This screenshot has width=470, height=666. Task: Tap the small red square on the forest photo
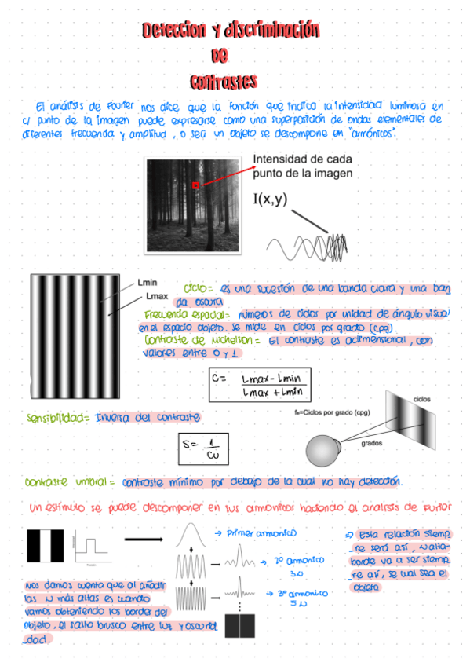click(195, 185)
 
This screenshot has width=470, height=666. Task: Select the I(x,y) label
click(270, 199)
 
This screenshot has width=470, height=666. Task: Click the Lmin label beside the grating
click(148, 283)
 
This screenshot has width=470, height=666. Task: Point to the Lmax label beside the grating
click(157, 297)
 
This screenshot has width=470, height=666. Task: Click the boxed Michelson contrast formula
click(260, 384)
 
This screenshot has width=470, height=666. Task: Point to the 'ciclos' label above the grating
click(422, 399)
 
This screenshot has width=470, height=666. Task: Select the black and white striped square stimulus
click(47, 546)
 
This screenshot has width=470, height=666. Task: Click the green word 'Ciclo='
click(199, 288)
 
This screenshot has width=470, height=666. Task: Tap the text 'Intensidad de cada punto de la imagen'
click(302, 166)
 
